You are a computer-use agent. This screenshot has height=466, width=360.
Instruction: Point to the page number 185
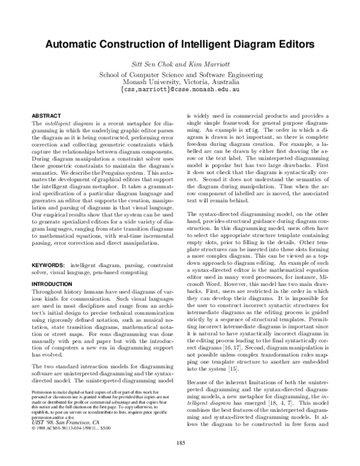click(180, 444)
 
